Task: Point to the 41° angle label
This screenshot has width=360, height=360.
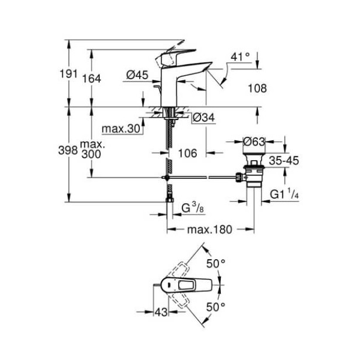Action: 240,57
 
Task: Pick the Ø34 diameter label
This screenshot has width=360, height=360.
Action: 204,118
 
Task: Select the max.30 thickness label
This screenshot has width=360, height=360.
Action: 122,129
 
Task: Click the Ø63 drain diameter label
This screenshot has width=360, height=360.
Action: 255,141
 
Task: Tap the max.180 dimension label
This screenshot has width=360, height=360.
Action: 209,230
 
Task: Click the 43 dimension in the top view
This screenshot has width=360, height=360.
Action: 161,312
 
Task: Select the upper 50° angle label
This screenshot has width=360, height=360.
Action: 216,264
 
